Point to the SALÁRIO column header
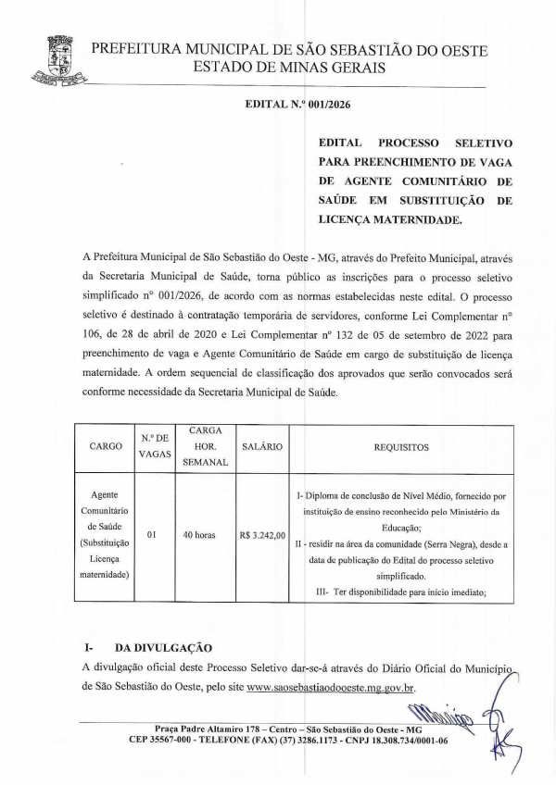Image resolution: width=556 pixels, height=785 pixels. (261, 446)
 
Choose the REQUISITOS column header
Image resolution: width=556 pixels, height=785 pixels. (401, 446)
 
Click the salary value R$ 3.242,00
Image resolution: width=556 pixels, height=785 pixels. (262, 534)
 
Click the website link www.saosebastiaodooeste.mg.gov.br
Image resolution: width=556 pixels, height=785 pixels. (331, 688)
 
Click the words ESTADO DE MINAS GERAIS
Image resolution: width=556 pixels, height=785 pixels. (289, 68)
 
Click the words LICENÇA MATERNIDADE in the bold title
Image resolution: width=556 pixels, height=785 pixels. (387, 221)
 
